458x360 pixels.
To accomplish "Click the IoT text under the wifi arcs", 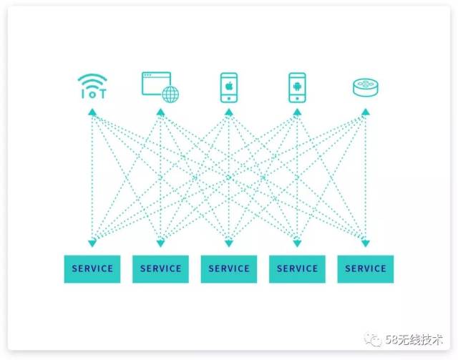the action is [93, 94].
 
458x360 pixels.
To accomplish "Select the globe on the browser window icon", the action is [170, 94].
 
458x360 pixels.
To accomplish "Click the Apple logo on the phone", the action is [229, 86].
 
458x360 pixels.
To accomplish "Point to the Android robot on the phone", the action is [297, 87].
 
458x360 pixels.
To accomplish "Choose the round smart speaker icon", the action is [366, 87].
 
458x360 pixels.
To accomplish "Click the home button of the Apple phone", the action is [229, 99].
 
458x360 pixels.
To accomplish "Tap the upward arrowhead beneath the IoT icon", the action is [92, 112].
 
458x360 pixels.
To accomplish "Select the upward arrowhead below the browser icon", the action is [160, 112].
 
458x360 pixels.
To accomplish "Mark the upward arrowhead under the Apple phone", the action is [229, 112].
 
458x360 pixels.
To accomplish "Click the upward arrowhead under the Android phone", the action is [297, 112].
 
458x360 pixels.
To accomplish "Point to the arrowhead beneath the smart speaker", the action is [366, 112].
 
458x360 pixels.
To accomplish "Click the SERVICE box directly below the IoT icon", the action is [92, 269].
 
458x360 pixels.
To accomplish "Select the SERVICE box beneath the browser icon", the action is [160, 269].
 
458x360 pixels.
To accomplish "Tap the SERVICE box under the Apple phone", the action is [229, 269].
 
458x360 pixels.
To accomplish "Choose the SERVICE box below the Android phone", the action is [297, 269].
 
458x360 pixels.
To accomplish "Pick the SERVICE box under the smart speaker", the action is [366, 269].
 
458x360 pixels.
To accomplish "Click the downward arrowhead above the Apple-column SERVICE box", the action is [229, 243].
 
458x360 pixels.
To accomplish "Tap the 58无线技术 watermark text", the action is [414, 339].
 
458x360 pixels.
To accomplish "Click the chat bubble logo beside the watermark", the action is [372, 339].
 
